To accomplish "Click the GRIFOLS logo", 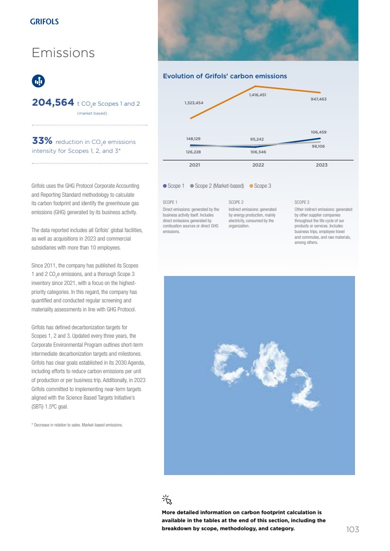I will tap(44, 21).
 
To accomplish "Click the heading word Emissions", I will tap(63, 53).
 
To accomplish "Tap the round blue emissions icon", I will tap(38, 81).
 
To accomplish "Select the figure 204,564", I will tap(53, 102).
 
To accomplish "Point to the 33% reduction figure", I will tap(42, 141).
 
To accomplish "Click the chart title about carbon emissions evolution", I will tap(225, 76).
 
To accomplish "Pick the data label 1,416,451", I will tap(258, 95).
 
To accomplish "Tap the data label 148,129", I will tap(194, 139).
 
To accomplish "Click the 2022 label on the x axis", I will tap(258, 165).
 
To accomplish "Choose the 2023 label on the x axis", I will tap(321, 165).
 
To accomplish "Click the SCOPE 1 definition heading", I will tap(170, 202).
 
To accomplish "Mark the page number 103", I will tap(353, 530).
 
